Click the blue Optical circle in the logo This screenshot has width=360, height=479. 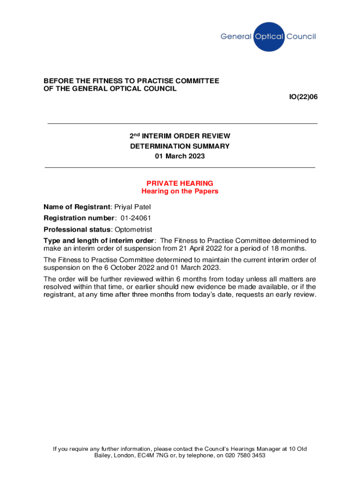coord(268,36)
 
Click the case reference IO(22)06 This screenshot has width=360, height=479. coord(303,97)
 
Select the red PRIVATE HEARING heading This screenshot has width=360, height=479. coord(180,183)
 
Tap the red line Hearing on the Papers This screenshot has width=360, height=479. coord(180,191)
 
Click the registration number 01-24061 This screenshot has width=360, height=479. coord(136,218)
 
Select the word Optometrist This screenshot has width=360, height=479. coord(133,229)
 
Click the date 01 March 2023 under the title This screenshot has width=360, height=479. coord(180,156)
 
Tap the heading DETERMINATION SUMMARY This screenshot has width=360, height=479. coord(180,146)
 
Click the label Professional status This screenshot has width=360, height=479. coord(77,229)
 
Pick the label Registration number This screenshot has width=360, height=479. coord(79,218)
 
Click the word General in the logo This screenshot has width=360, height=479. coord(236,36)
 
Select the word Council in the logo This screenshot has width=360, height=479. coord(301,36)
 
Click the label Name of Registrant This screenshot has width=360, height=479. coord(77,207)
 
